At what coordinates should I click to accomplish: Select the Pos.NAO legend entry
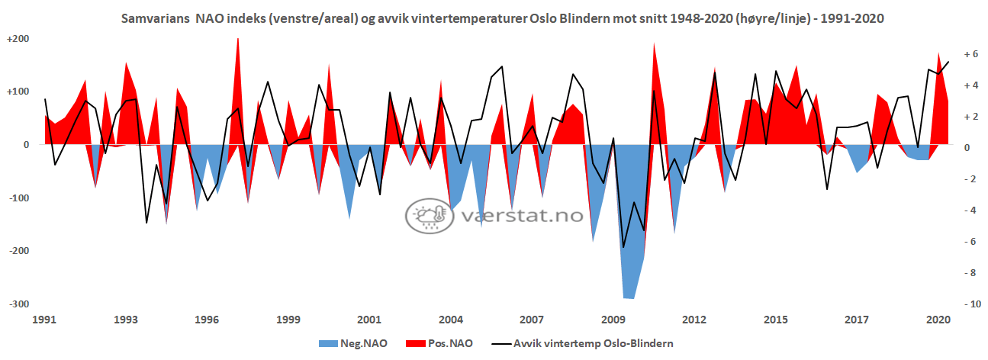coord(448,344)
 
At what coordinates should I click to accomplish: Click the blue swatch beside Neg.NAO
coord(329,344)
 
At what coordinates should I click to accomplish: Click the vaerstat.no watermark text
coord(523,216)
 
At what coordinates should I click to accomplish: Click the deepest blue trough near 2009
coord(629,298)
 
